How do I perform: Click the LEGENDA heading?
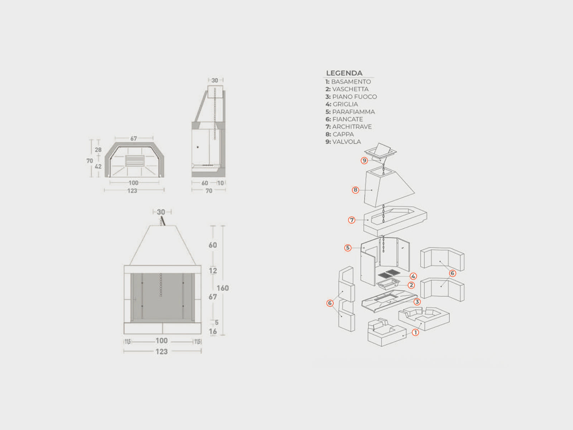(x=344, y=73)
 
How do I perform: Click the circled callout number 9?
(x=364, y=160)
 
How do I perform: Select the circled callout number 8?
(x=355, y=190)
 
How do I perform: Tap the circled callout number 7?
(x=352, y=220)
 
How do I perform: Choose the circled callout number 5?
(x=348, y=248)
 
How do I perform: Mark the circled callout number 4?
(x=413, y=276)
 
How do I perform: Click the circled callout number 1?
(x=415, y=333)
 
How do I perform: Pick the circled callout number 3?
(x=417, y=302)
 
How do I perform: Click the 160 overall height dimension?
(x=223, y=288)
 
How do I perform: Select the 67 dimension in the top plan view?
(x=134, y=139)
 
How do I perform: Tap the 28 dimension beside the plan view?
(x=98, y=150)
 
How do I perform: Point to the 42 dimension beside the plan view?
(x=98, y=166)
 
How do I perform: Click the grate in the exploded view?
(x=389, y=274)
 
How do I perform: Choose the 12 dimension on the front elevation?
(x=213, y=271)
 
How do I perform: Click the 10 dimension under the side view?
(x=221, y=183)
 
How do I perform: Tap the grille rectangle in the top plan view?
(x=135, y=161)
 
